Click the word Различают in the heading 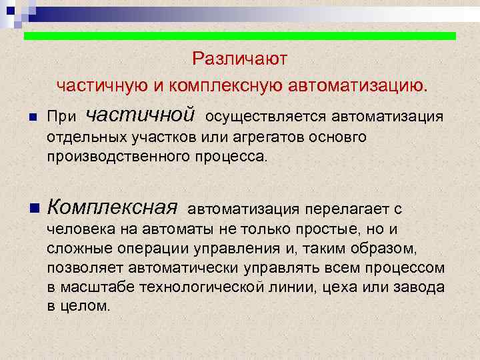pos(239,59)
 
